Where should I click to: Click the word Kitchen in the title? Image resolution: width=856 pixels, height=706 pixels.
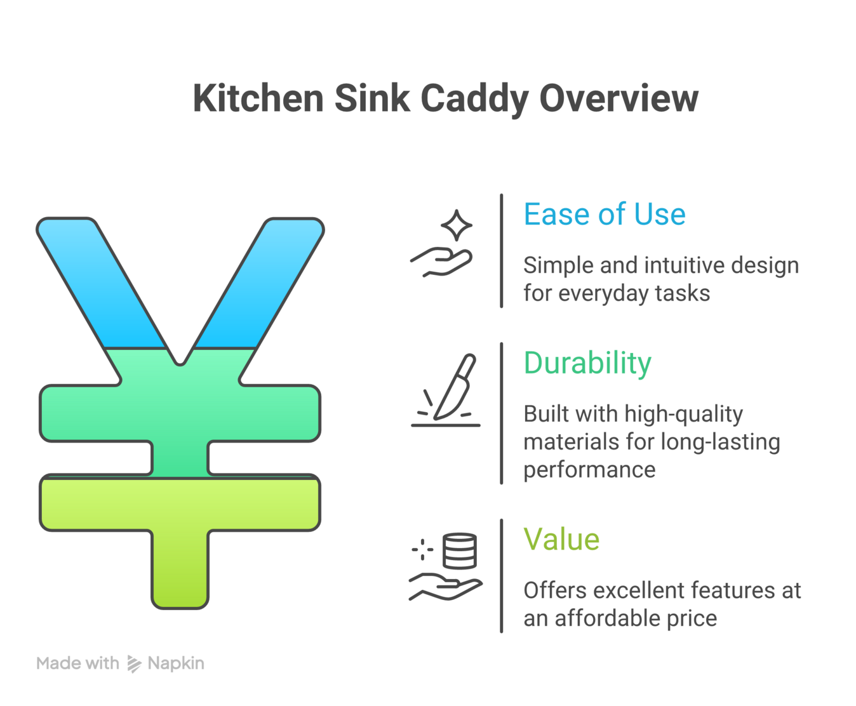pyautogui.click(x=258, y=99)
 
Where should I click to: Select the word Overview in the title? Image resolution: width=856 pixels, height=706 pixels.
pyautogui.click(x=619, y=99)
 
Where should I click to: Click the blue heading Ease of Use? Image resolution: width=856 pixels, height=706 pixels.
pyautogui.click(x=604, y=215)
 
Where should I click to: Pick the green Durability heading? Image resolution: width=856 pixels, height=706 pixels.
pyautogui.click(x=587, y=363)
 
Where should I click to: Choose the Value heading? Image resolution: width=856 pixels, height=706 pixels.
pyautogui.click(x=561, y=540)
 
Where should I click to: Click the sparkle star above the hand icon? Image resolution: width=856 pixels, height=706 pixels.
pyautogui.click(x=456, y=225)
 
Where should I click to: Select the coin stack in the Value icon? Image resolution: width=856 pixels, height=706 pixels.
pyautogui.click(x=459, y=550)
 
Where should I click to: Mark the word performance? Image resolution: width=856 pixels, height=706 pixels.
pyautogui.click(x=589, y=470)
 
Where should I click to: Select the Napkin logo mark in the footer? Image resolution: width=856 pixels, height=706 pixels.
pyautogui.click(x=134, y=663)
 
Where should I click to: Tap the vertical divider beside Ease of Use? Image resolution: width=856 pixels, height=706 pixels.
pyautogui.click(x=502, y=251)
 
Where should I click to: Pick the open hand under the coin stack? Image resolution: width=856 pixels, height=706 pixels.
pyautogui.click(x=445, y=587)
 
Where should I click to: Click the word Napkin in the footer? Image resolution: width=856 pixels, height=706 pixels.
pyautogui.click(x=176, y=663)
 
